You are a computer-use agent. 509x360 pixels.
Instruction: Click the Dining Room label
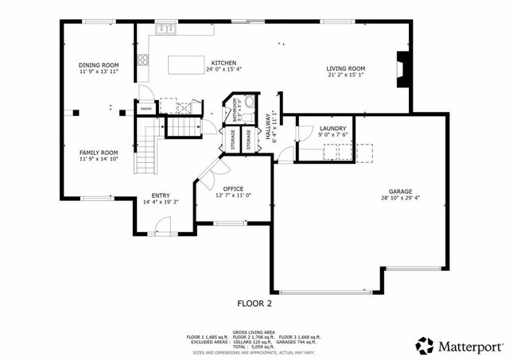[x=99, y=65]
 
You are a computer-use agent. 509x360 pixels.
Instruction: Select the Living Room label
[x=345, y=69]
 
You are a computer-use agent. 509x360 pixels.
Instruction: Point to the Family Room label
[x=99, y=152]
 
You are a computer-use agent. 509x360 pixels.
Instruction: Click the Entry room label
[x=161, y=195]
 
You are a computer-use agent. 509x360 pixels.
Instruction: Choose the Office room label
[x=233, y=188]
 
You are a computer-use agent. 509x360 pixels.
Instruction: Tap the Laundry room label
[x=332, y=128]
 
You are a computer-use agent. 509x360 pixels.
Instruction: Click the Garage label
[x=400, y=192]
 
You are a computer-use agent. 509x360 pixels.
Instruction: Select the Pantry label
[x=146, y=110]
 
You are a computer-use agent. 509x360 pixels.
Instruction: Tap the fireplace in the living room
[x=402, y=69]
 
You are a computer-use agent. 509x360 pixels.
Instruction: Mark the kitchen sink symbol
[x=165, y=29]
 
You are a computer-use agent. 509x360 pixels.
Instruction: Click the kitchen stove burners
[x=144, y=58]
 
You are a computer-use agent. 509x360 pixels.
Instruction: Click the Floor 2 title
[x=254, y=303]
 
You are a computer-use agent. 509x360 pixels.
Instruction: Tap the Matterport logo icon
[x=425, y=346]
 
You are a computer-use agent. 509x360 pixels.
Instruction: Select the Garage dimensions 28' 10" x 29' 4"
[x=400, y=199]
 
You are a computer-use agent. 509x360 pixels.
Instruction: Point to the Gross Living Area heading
[x=254, y=332]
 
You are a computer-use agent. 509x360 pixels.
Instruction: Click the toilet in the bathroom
[x=249, y=102]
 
